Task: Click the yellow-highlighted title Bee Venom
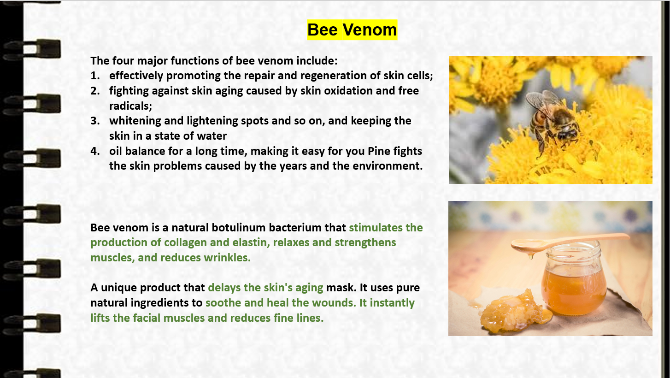(352, 30)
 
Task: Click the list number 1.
(95, 76)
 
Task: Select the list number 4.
(95, 151)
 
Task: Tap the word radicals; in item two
(131, 106)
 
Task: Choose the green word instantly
(392, 303)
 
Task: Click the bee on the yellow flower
(552, 120)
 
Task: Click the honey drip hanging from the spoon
(531, 255)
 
